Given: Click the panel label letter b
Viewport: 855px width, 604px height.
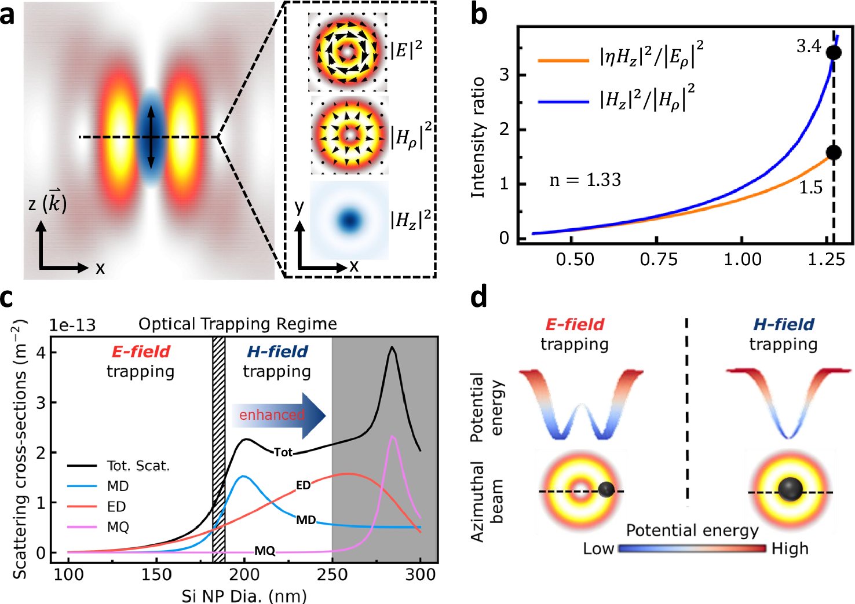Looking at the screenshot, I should click(x=478, y=14).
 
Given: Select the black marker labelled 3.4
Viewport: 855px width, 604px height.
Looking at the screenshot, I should click(x=834, y=52).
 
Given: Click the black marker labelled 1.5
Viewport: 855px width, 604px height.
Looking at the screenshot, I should click(x=834, y=152).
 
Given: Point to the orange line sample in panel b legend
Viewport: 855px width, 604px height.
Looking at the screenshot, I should click(x=563, y=60).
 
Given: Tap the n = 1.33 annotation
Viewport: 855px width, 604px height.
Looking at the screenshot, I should click(x=585, y=180).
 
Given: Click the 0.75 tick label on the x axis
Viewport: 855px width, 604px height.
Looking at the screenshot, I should click(x=659, y=259).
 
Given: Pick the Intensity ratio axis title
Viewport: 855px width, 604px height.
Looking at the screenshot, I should click(x=478, y=137).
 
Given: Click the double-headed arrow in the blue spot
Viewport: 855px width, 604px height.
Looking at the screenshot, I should click(x=150, y=137).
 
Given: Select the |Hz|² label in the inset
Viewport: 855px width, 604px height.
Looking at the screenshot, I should click(x=410, y=219).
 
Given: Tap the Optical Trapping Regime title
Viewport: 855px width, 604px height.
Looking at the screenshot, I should click(x=237, y=324).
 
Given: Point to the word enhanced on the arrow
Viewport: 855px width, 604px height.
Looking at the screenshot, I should click(x=271, y=415).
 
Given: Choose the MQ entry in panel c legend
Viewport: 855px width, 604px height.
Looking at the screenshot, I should click(x=118, y=527).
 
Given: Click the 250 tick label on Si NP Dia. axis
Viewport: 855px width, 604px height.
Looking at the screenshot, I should click(x=332, y=574).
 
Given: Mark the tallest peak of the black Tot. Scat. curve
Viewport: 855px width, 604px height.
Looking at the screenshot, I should click(x=393, y=347).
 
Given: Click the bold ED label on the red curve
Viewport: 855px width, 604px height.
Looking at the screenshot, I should click(x=304, y=485).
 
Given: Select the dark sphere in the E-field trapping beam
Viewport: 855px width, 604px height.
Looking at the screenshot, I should click(x=606, y=489).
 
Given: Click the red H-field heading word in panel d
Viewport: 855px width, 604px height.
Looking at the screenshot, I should click(x=783, y=324).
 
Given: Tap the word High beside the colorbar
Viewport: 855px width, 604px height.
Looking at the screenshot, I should click(x=790, y=548).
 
